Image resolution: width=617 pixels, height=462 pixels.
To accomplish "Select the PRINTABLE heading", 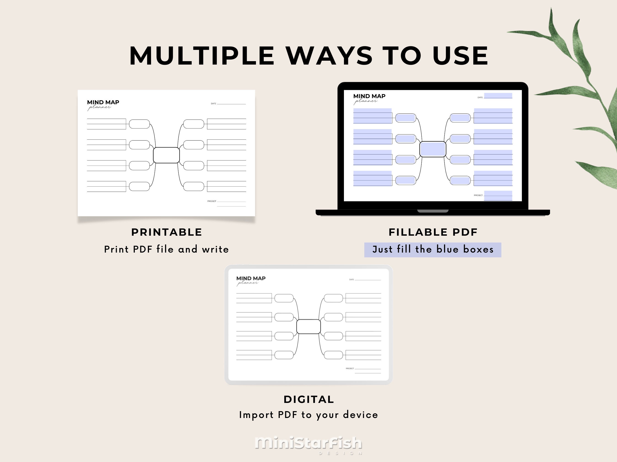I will tap(167, 232).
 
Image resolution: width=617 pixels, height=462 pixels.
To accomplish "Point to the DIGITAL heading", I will tap(309, 399).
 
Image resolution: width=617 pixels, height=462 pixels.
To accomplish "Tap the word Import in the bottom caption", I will tap(256, 415).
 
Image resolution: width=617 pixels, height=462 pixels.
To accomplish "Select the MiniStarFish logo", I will tap(308, 443).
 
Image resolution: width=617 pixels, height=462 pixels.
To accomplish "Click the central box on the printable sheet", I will tap(166, 155).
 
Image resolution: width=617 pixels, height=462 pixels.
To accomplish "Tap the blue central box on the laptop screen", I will tap(433, 149).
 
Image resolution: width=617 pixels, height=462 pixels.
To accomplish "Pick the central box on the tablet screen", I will tap(308, 326).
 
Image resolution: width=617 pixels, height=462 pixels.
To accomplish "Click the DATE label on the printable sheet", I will tap(213, 104).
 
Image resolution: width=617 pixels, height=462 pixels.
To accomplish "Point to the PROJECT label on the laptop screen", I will tap(478, 195).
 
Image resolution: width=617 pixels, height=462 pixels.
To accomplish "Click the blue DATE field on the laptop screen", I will tap(498, 96).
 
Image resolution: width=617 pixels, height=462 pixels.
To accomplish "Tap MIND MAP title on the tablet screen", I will tap(251, 278).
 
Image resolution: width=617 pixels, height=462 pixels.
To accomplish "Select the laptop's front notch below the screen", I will tap(433, 211).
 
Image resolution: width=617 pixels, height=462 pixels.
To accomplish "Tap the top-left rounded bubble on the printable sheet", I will tap(139, 124).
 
